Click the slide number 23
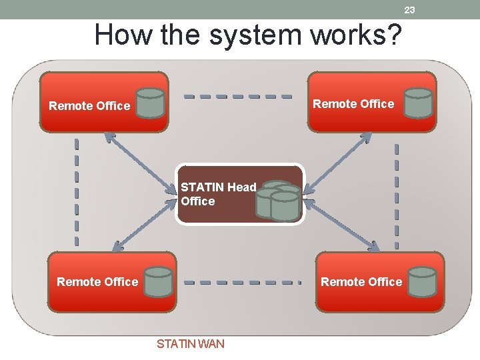tap(409, 9)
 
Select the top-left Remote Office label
tap(89, 106)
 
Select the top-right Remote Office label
tap(353, 104)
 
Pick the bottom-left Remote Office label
tap(97, 282)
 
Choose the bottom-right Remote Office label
tap(361, 282)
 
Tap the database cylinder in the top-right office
tap(418, 102)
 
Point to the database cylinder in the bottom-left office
tap(159, 281)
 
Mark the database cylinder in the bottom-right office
tap(423, 281)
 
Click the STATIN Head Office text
tap(218, 194)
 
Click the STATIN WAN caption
tap(190, 344)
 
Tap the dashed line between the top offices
tap(238, 96)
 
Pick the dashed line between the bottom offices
tap(243, 282)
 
